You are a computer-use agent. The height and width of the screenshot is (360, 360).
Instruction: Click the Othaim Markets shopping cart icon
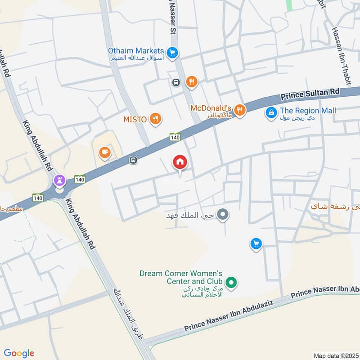(171, 53)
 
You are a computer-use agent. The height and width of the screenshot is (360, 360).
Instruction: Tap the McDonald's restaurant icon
(240, 110)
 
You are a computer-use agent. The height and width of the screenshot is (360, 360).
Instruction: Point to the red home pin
(180, 162)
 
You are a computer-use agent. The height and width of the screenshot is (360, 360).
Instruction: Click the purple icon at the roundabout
(59, 181)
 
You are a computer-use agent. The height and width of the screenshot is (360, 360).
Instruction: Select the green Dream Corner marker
(231, 283)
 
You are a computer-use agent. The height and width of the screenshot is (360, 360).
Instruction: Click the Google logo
(19, 353)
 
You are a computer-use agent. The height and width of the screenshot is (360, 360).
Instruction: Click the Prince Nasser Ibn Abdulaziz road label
(238, 316)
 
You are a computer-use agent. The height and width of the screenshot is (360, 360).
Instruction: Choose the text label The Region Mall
(308, 111)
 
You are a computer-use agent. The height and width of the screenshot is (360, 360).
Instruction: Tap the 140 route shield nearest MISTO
(175, 136)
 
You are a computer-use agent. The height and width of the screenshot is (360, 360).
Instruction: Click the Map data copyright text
(336, 355)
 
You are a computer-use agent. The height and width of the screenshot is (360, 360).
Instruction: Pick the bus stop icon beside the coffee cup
(133, 160)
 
